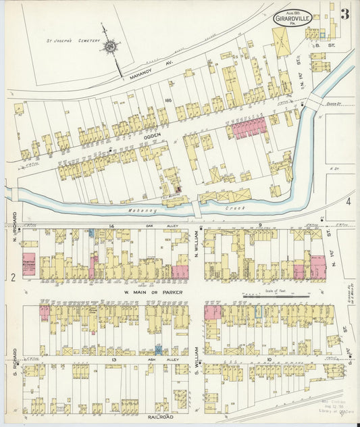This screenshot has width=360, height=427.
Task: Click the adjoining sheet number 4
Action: pos(349,201)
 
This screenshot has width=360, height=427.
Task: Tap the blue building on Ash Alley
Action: pos(158,349)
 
